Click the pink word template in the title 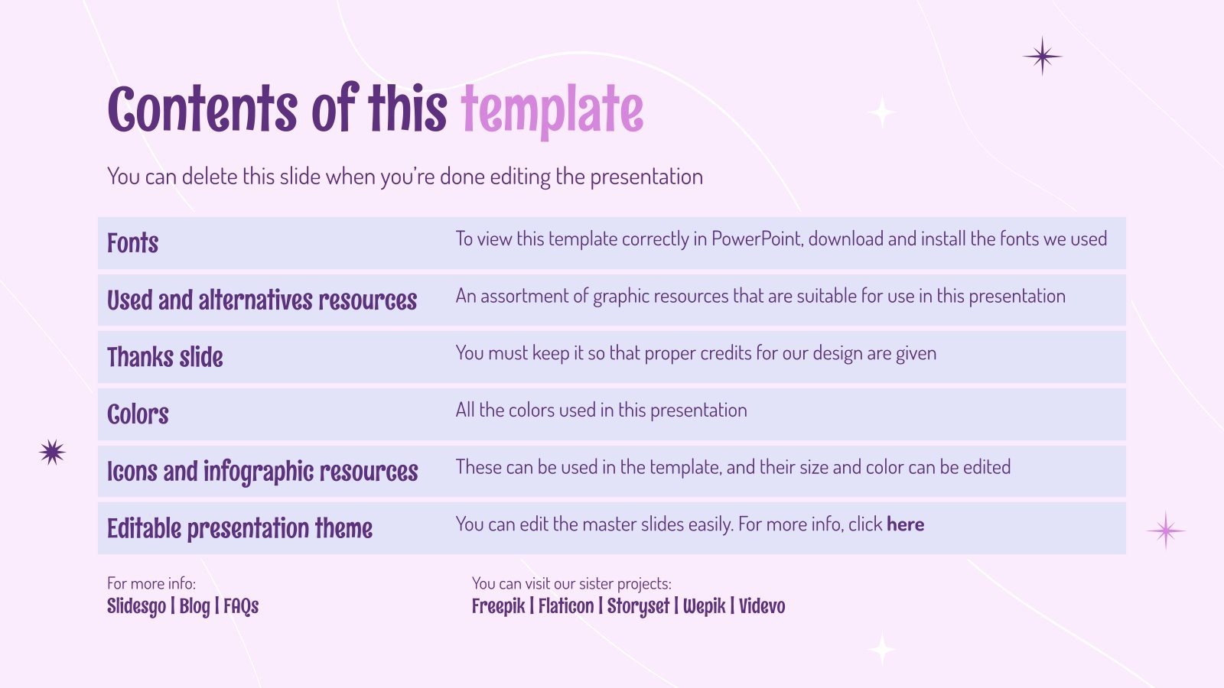[x=552, y=111]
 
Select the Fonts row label [x=132, y=243]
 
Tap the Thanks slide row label [x=164, y=357]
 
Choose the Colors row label [x=138, y=414]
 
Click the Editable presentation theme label [x=239, y=528]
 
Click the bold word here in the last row [x=905, y=524]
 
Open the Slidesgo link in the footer [x=136, y=606]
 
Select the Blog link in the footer [x=194, y=606]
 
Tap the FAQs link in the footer [x=241, y=606]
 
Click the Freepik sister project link [x=498, y=606]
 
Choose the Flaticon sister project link [x=565, y=606]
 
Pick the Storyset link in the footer [x=638, y=606]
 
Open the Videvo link [x=762, y=606]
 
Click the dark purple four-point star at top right [x=1042, y=56]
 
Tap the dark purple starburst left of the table [x=52, y=453]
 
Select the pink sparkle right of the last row [x=1165, y=531]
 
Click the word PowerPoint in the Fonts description [x=757, y=239]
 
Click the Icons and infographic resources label [x=262, y=472]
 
